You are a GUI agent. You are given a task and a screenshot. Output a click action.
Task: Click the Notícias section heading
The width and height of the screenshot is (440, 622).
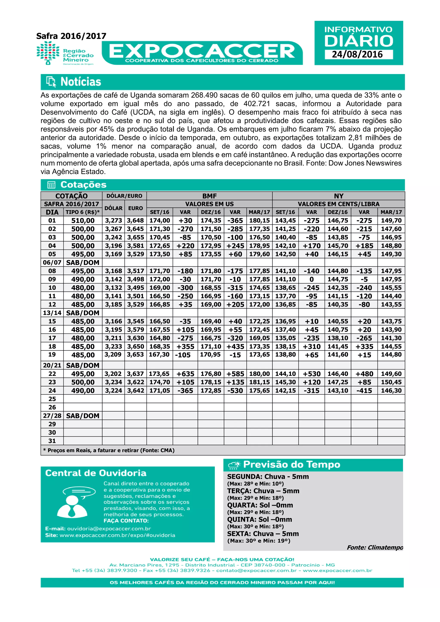81,82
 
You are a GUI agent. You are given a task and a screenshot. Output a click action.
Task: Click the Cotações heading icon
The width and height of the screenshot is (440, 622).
51,185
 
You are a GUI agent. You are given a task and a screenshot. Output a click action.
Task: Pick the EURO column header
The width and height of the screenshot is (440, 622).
136,208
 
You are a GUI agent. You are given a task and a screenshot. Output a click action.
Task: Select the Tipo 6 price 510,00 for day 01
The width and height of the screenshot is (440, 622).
83,221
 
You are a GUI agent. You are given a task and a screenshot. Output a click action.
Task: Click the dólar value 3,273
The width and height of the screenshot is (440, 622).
113,221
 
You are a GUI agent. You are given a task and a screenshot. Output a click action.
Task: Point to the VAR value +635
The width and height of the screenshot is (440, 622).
185,374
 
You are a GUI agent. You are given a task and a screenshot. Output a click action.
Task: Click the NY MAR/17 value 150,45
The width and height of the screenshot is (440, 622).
391,382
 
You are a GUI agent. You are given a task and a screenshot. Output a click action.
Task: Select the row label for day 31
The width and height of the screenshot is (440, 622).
52,441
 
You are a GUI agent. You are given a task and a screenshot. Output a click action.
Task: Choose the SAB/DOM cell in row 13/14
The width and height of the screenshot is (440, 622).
83,313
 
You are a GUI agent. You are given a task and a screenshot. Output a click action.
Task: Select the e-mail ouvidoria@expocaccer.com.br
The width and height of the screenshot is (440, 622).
109,529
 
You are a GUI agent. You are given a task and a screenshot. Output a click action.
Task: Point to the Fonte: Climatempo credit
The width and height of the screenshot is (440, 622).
375,547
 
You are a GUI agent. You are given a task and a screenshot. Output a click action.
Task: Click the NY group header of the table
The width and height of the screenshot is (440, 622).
338,196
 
